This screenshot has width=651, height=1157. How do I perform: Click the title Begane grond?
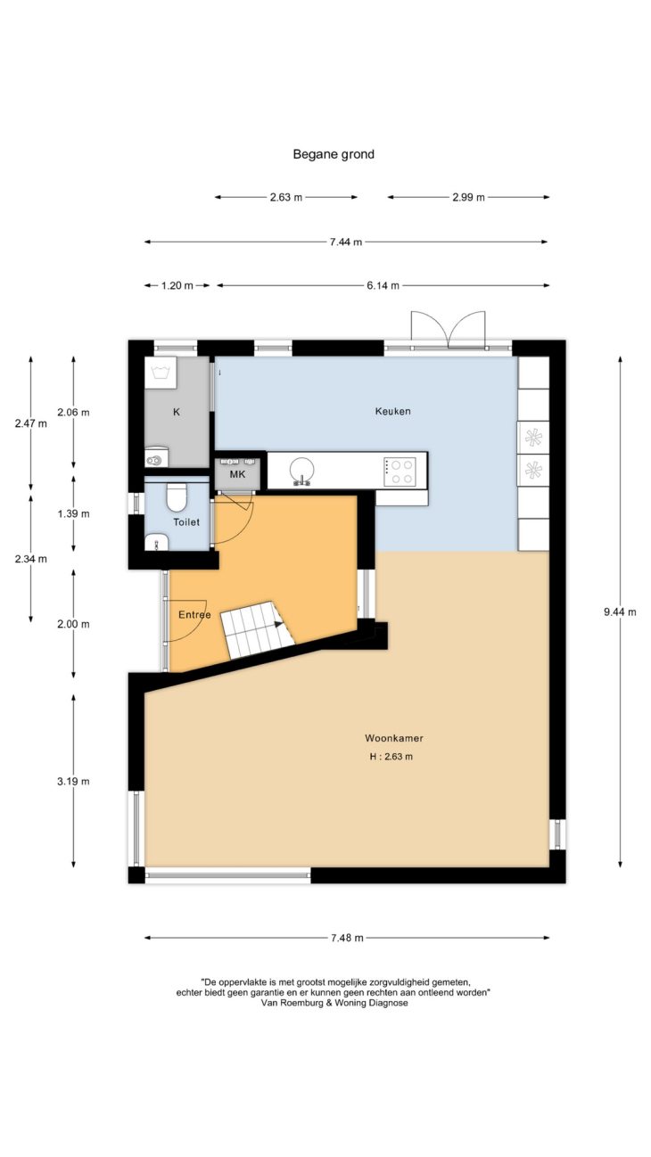pyautogui.click(x=334, y=154)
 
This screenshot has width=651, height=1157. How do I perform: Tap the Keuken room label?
pyautogui.click(x=392, y=411)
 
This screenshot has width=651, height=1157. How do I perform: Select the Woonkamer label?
pyautogui.click(x=394, y=738)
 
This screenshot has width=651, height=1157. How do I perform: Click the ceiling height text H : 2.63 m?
pyautogui.click(x=391, y=757)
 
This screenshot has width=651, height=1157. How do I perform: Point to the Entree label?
pyautogui.click(x=194, y=615)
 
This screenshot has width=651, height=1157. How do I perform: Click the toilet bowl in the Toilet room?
pyautogui.click(x=177, y=496)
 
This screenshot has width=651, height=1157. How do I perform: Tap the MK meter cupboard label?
pyautogui.click(x=238, y=474)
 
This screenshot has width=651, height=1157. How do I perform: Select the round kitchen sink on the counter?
pyautogui.click(x=301, y=471)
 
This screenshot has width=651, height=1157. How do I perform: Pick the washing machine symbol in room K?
pyautogui.click(x=161, y=372)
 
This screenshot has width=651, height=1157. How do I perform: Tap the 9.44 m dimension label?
pyautogui.click(x=620, y=612)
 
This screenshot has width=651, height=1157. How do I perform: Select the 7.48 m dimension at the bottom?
pyautogui.click(x=347, y=938)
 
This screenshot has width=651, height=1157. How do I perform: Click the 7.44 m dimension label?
pyautogui.click(x=346, y=242)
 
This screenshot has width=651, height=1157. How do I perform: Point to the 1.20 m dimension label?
pyautogui.click(x=177, y=285)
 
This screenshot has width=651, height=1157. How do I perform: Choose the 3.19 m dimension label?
pyautogui.click(x=73, y=782)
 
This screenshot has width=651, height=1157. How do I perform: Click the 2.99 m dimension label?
pyautogui.click(x=468, y=197)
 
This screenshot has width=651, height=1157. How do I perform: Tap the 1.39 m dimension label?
pyautogui.click(x=73, y=514)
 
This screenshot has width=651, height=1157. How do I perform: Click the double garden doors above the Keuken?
pyautogui.click(x=449, y=330)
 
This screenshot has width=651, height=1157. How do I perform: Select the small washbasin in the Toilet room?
pyautogui.click(x=156, y=543)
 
